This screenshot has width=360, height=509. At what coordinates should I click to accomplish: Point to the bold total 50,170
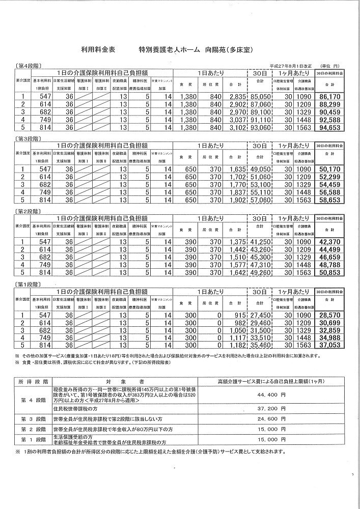(329, 169)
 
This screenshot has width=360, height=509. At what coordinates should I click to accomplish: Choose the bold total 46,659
(329, 258)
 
